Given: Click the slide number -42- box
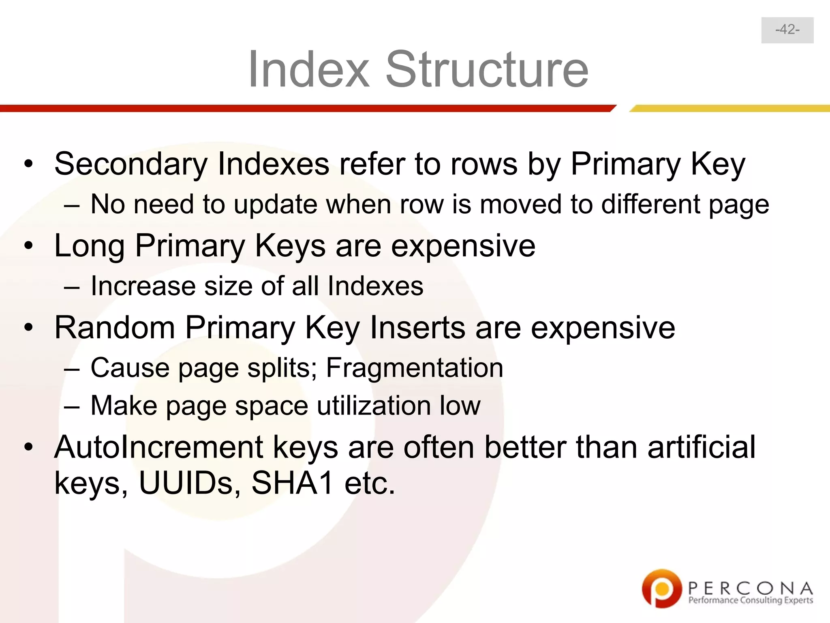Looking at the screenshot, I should pyautogui.click(x=787, y=30).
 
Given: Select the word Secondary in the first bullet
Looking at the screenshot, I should pyautogui.click(x=130, y=164).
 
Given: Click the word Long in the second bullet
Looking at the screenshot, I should pyautogui.click(x=89, y=246).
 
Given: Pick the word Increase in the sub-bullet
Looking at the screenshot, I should pyautogui.click(x=143, y=286).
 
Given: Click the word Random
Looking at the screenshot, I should pyautogui.click(x=114, y=327).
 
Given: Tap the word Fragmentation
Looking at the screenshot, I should pyautogui.click(x=414, y=368).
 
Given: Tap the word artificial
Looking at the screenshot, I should pyautogui.click(x=701, y=447).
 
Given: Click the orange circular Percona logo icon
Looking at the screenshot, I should pyautogui.click(x=661, y=588).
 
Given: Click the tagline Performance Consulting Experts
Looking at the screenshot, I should pyautogui.click(x=751, y=600).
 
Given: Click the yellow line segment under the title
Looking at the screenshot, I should pyautogui.click(x=729, y=108).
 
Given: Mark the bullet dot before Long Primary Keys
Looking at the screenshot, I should pyautogui.click(x=28, y=246).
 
